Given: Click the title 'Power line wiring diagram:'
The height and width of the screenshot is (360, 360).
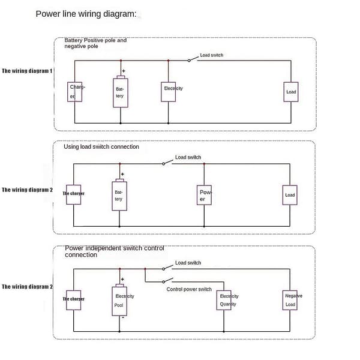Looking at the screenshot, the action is pyautogui.click(x=86, y=14).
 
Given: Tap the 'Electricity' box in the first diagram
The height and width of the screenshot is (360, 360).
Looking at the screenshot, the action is pyautogui.click(x=168, y=92).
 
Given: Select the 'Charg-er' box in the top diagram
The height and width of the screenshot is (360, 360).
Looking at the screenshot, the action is pyautogui.click(x=74, y=92).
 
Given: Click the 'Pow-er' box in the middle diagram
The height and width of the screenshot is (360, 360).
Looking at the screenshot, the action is pyautogui.click(x=204, y=195).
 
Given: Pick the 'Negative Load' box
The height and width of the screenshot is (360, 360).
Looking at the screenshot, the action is pyautogui.click(x=290, y=301).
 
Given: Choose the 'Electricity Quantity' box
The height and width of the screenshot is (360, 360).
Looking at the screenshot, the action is pyautogui.click(x=224, y=301).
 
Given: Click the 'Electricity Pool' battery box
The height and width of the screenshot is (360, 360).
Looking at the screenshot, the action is pyautogui.click(x=119, y=301).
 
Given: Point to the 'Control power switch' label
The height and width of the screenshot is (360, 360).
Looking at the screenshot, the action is pyautogui.click(x=189, y=289).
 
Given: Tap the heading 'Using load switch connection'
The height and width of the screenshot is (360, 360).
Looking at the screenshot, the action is pyautogui.click(x=101, y=147).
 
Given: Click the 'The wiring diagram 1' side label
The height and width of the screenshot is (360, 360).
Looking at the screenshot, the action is pyautogui.click(x=27, y=71).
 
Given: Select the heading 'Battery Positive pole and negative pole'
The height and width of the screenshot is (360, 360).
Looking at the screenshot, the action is pyautogui.click(x=95, y=43).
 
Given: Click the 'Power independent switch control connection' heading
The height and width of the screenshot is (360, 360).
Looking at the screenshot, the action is pyautogui.click(x=115, y=251).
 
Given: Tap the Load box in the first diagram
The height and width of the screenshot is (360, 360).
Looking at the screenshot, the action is pyautogui.click(x=291, y=92).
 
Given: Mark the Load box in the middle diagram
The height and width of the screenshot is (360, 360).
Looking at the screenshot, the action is pyautogui.click(x=290, y=195).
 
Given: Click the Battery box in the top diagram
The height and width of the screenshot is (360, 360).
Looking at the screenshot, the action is pyautogui.click(x=121, y=93).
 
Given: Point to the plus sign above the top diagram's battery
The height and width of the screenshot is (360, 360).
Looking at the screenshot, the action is pyautogui.click(x=124, y=71).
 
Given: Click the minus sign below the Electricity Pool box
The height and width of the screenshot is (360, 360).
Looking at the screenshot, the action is pyautogui.click(x=123, y=317).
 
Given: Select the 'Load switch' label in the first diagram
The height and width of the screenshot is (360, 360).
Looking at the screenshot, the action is pyautogui.click(x=211, y=55).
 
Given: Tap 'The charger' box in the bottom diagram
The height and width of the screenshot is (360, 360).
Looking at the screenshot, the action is pyautogui.click(x=73, y=301).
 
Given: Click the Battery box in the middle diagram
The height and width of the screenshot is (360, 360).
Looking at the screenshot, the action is pyautogui.click(x=119, y=196).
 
